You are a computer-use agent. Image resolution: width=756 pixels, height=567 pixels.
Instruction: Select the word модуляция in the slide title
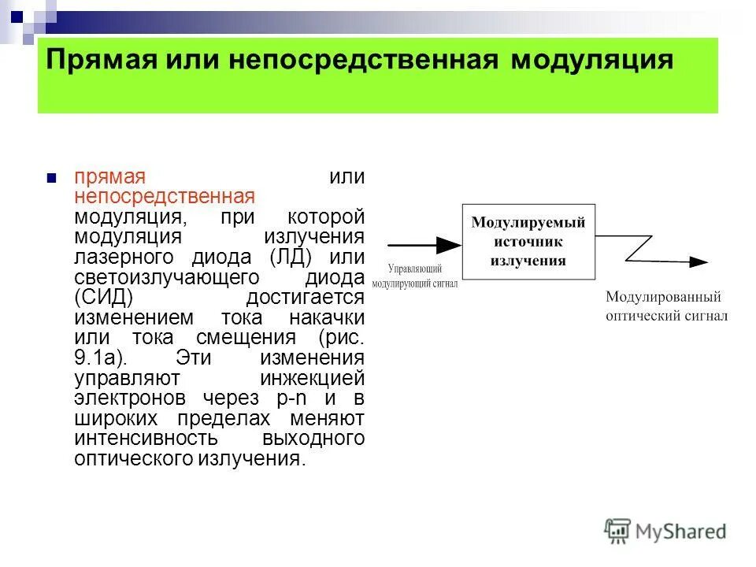(x=592, y=61)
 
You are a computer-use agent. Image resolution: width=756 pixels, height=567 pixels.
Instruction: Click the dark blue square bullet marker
(x=52, y=178)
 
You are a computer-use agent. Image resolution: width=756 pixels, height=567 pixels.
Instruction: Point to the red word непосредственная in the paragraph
(x=165, y=196)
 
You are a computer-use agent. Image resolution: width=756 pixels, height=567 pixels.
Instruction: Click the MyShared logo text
(x=682, y=532)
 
